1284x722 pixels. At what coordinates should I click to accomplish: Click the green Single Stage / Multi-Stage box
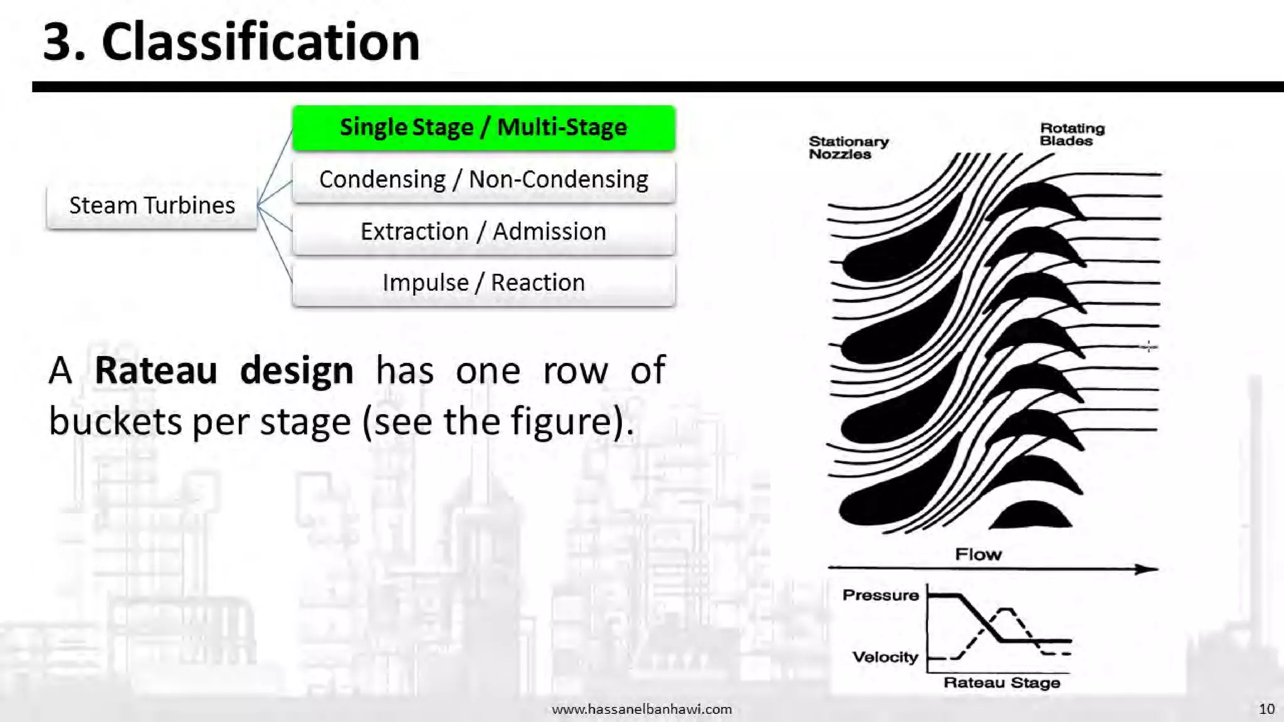coord(483,128)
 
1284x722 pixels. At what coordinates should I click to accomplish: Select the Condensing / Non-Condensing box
coord(483,180)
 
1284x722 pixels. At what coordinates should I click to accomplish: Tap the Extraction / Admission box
coord(483,232)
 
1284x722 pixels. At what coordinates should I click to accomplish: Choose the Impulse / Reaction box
coord(483,283)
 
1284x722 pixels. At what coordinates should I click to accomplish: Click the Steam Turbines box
coord(152,206)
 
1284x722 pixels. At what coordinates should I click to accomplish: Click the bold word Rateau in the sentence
coord(155,370)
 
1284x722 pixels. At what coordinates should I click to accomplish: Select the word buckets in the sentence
coord(115,421)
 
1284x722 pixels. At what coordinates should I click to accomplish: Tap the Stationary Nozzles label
coord(848,148)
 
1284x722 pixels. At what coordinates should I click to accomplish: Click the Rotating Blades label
coord(1071,135)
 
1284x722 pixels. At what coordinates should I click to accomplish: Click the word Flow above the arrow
coord(978,555)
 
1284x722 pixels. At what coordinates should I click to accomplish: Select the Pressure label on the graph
coord(880,595)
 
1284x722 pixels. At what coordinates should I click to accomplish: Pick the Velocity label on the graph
coord(885,657)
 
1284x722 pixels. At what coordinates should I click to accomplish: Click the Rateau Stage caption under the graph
coord(1001,683)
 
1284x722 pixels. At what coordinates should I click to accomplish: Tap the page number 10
coord(1266,709)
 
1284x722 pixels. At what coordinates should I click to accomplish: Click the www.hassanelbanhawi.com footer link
coord(641,709)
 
